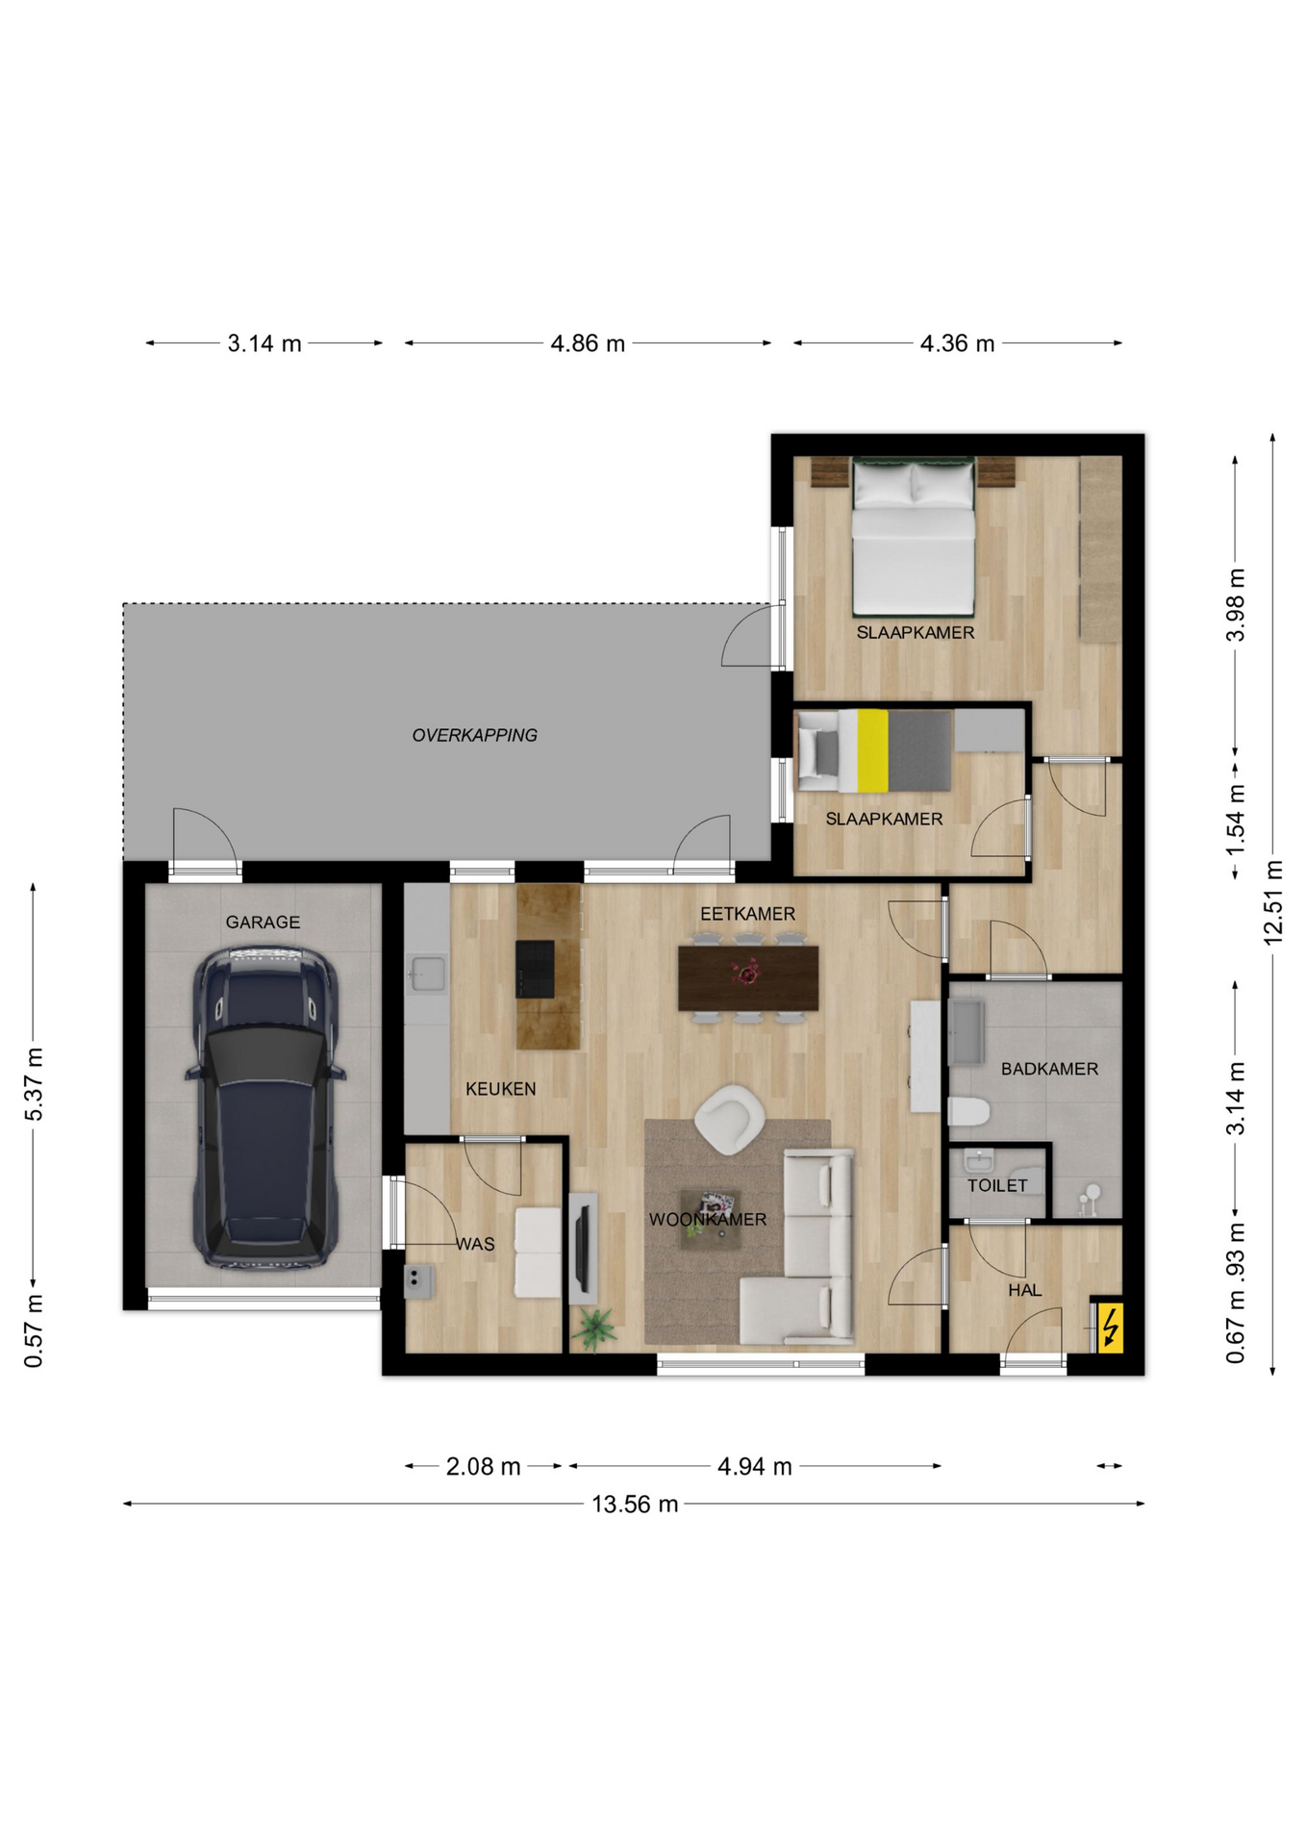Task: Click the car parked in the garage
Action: pyautogui.click(x=264, y=1106)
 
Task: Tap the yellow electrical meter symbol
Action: pyautogui.click(x=1110, y=1328)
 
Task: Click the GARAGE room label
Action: pyautogui.click(x=263, y=922)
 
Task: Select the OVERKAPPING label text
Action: pyautogui.click(x=474, y=735)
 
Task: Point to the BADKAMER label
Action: pyautogui.click(x=1049, y=1069)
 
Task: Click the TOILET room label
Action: pyautogui.click(x=997, y=1185)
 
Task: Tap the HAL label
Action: pyautogui.click(x=1024, y=1290)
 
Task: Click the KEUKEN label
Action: pyautogui.click(x=500, y=1089)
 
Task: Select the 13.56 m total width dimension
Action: pyautogui.click(x=635, y=1504)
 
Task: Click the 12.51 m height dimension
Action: pyautogui.click(x=1273, y=902)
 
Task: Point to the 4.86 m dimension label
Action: pyautogui.click(x=588, y=343)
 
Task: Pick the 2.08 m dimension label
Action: pyautogui.click(x=483, y=1466)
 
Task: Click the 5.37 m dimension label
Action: pyautogui.click(x=34, y=1084)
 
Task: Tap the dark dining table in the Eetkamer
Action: pyautogui.click(x=748, y=977)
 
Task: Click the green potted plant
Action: pyautogui.click(x=593, y=1328)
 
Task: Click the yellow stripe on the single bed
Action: pyautogui.click(x=872, y=750)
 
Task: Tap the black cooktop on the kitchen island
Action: pyautogui.click(x=535, y=969)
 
